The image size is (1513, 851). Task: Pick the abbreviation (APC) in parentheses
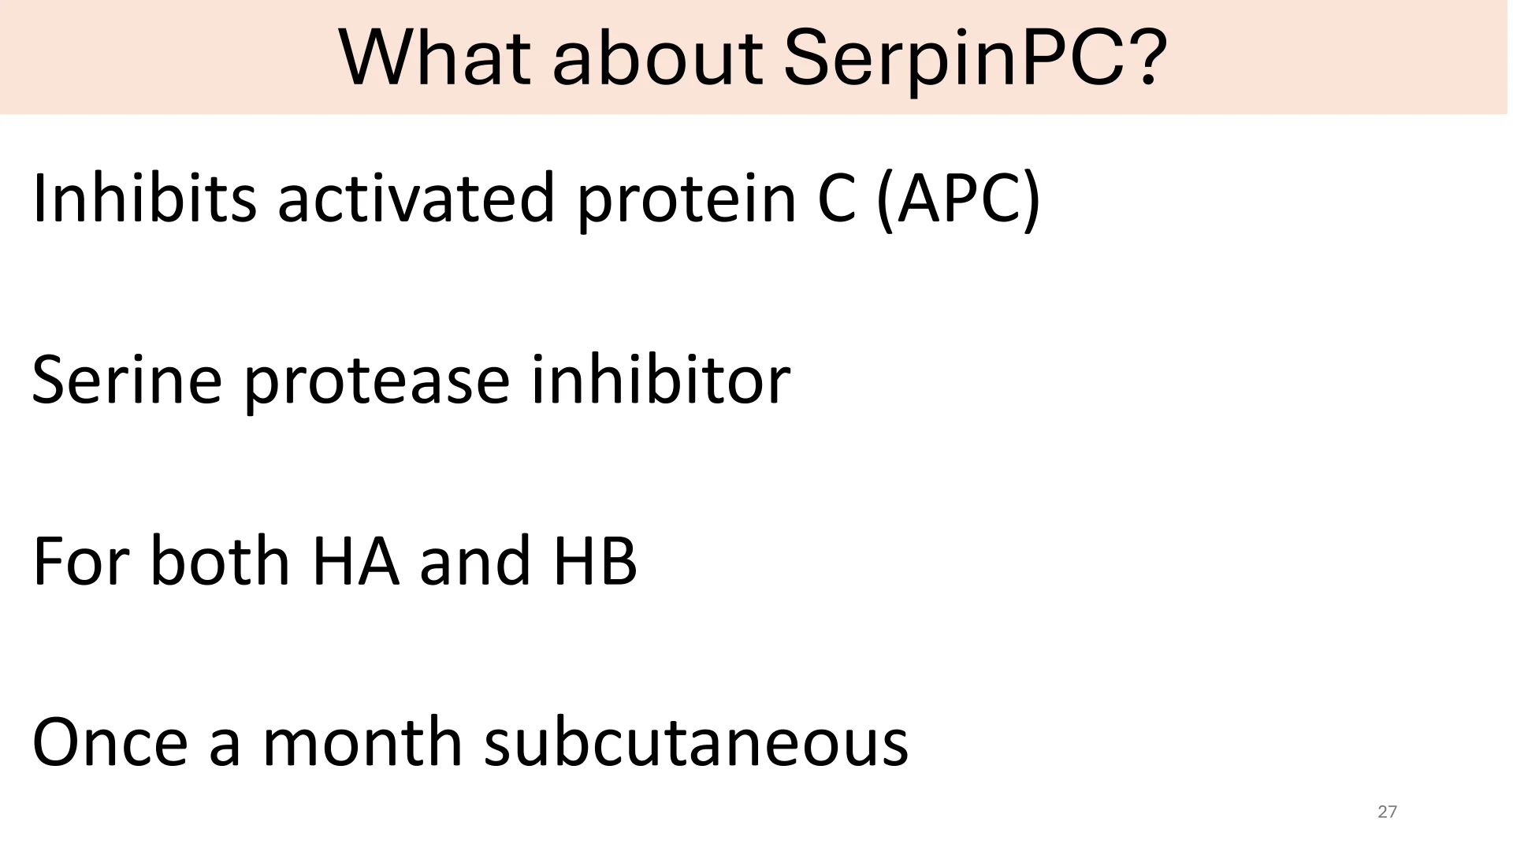(958, 200)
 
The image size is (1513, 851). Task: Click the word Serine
(127, 380)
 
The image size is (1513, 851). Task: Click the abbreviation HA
(355, 561)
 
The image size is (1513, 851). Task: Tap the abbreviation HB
(595, 561)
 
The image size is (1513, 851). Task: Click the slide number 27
(1388, 812)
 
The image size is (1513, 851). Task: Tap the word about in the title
(658, 59)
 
